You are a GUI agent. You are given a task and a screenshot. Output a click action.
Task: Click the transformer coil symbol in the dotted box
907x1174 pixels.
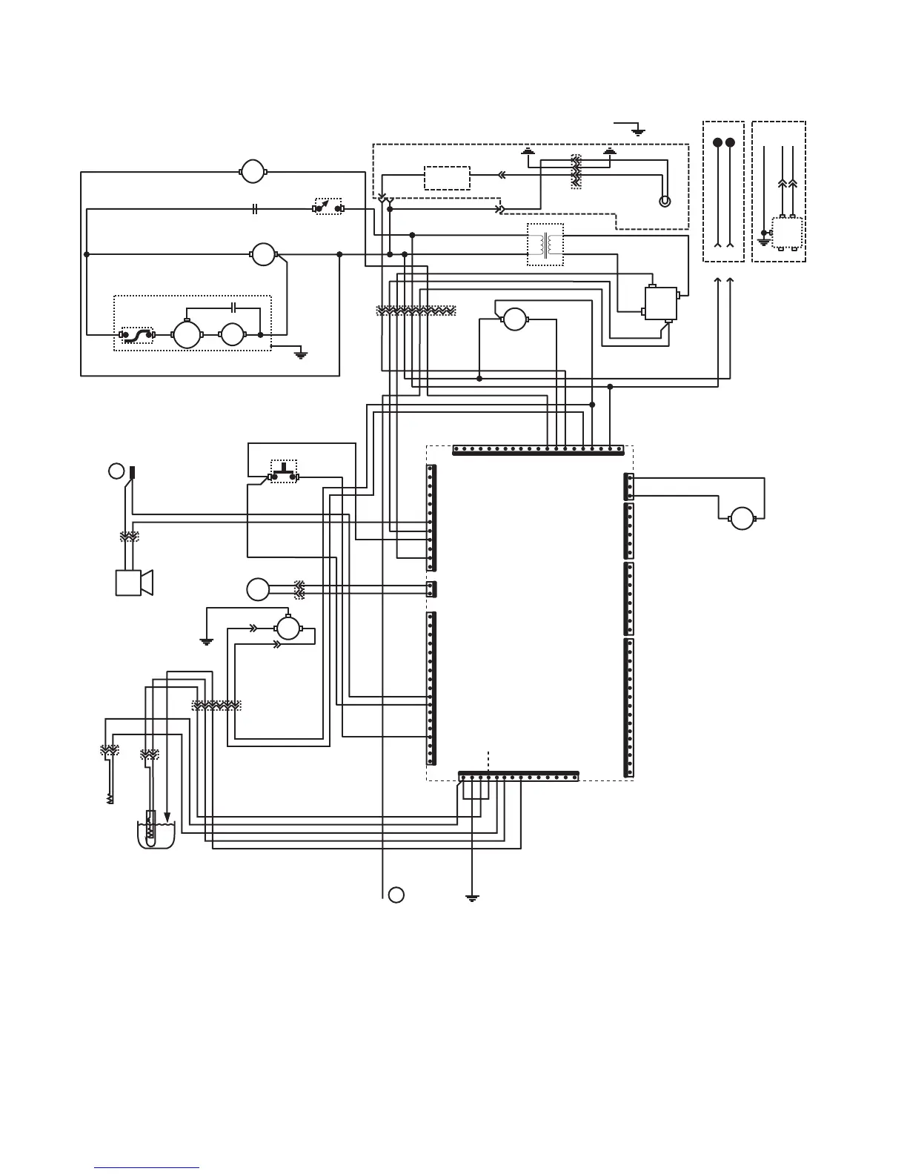point(545,245)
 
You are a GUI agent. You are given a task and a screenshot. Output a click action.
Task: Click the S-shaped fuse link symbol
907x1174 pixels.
point(137,335)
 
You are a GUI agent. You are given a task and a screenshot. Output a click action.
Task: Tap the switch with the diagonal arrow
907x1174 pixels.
point(328,207)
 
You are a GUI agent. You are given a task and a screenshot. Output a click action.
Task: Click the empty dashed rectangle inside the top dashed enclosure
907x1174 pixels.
point(447,178)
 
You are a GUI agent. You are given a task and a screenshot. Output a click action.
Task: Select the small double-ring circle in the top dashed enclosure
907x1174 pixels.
point(665,201)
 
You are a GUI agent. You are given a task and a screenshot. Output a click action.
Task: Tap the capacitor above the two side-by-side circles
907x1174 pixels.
point(233,306)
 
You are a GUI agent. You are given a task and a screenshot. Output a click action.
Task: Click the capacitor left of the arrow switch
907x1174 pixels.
point(254,209)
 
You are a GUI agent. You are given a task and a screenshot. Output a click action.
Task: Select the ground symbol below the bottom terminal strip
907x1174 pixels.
point(471,898)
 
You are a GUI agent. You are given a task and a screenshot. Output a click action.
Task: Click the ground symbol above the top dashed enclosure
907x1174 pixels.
point(638,131)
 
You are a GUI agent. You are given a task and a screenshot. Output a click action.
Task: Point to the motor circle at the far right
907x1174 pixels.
point(741,518)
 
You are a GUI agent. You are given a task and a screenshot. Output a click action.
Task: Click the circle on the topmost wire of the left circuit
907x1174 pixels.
point(253,171)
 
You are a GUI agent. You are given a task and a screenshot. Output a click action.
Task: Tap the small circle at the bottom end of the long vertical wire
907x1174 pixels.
point(396,894)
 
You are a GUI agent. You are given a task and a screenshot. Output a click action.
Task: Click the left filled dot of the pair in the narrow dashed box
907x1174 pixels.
point(717,142)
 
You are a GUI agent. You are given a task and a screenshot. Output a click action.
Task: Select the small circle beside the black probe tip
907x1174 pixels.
point(116,470)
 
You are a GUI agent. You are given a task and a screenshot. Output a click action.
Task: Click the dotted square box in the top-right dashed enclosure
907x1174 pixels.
point(786,233)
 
